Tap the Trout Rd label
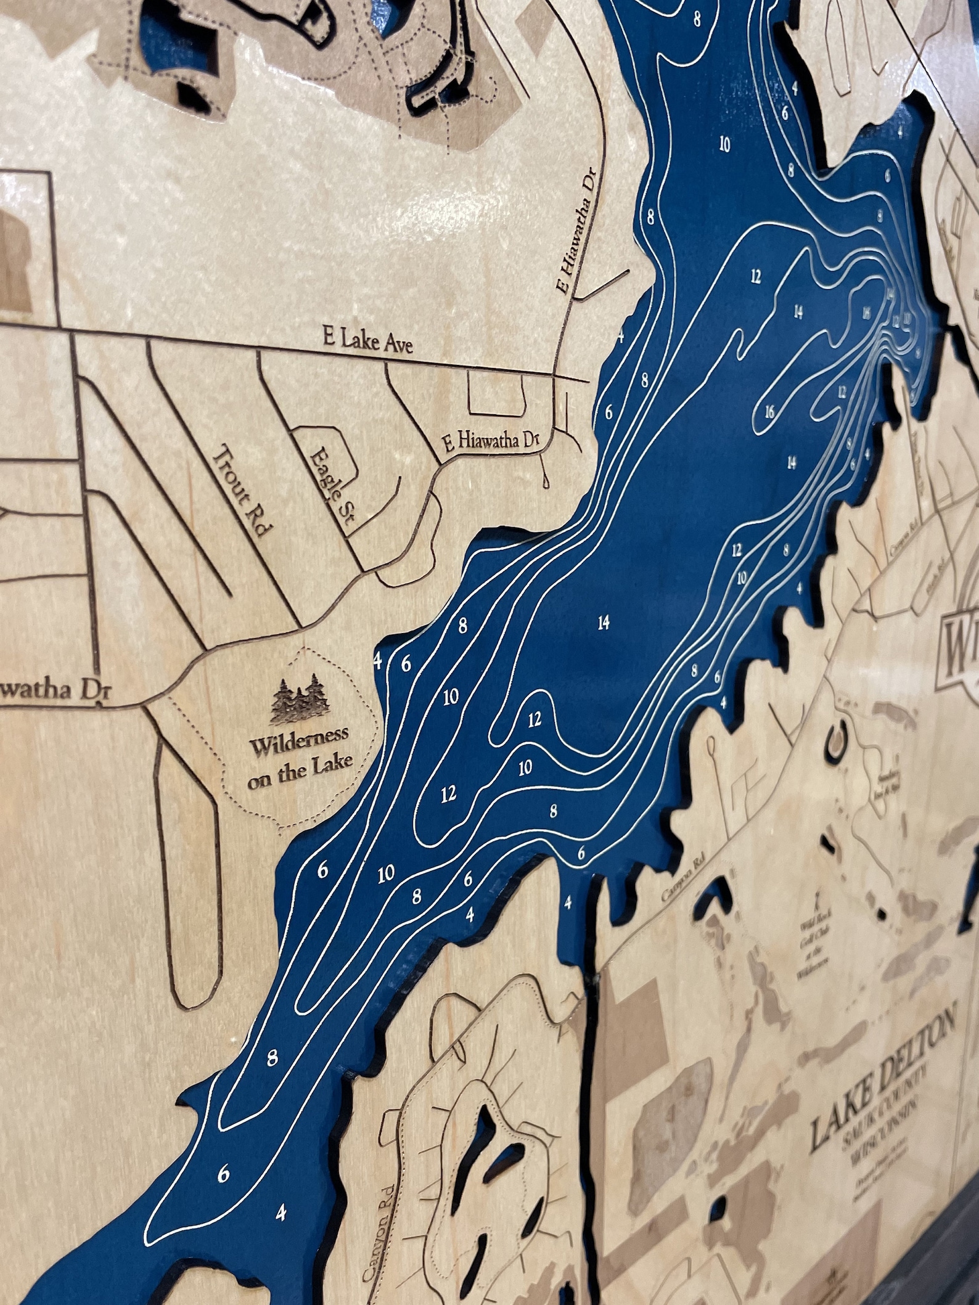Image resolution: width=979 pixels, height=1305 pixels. click(242, 491)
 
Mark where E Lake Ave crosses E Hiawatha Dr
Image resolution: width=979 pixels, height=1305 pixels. click(555, 375)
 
